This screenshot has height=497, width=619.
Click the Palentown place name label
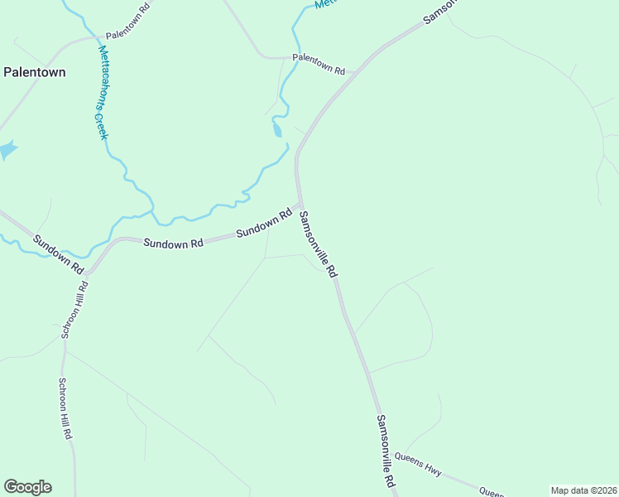pyautogui.click(x=35, y=72)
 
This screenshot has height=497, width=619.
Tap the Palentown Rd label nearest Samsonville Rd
pyautogui.click(x=319, y=64)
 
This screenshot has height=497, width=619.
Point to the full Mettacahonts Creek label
pyautogui.click(x=103, y=91)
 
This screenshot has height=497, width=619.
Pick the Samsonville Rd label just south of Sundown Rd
pyautogui.click(x=319, y=244)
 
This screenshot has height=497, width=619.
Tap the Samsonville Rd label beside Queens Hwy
pyautogui.click(x=386, y=451)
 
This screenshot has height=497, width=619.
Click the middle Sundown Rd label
pyautogui.click(x=173, y=244)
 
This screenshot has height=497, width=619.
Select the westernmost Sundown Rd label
pyautogui.click(x=58, y=255)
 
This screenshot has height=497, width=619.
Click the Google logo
pyautogui.click(x=27, y=487)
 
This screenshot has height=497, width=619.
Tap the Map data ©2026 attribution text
pyautogui.click(x=583, y=490)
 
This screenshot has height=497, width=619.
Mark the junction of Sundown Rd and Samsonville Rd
pyautogui.click(x=300, y=204)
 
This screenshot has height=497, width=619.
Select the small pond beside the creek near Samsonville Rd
pyautogui.click(x=277, y=130)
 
